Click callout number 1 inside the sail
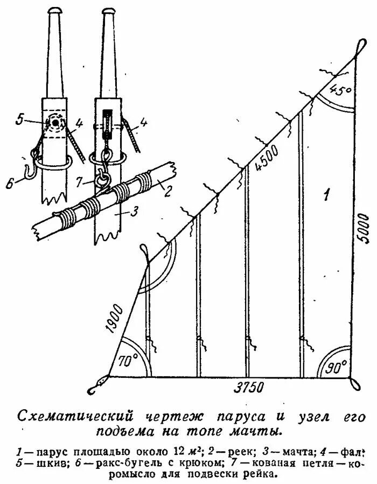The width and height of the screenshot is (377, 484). click(325, 194)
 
